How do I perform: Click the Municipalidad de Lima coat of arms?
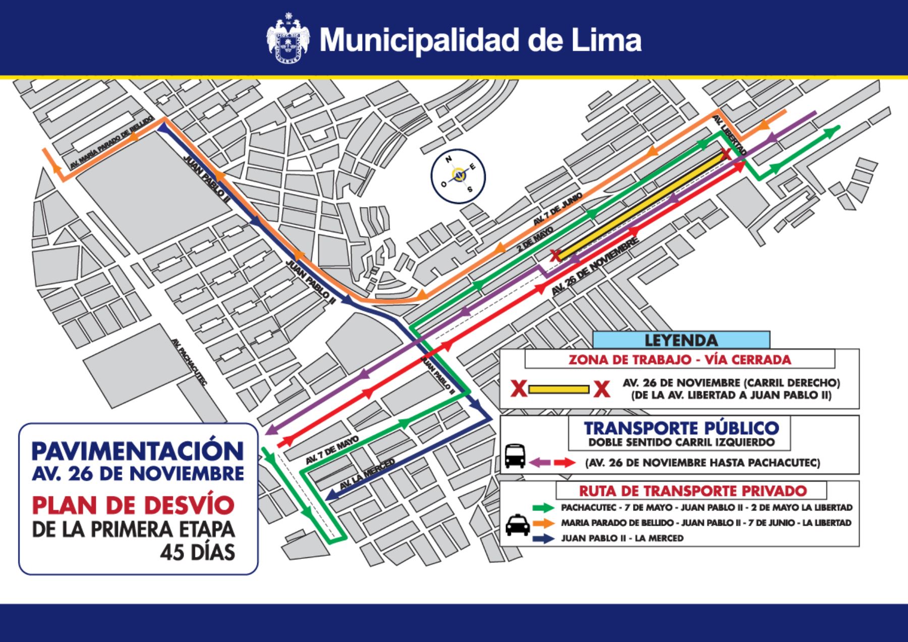288,40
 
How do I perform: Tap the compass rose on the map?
458,175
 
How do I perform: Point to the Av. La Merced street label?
367,475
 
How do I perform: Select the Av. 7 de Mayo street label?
332,451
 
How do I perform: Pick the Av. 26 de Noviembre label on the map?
595,267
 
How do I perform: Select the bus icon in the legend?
515,456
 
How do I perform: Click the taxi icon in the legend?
517,524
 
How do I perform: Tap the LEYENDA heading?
681,340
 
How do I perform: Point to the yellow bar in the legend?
559,390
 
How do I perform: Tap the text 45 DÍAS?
197,552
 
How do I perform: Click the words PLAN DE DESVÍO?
134,504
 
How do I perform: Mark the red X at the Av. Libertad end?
725,154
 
